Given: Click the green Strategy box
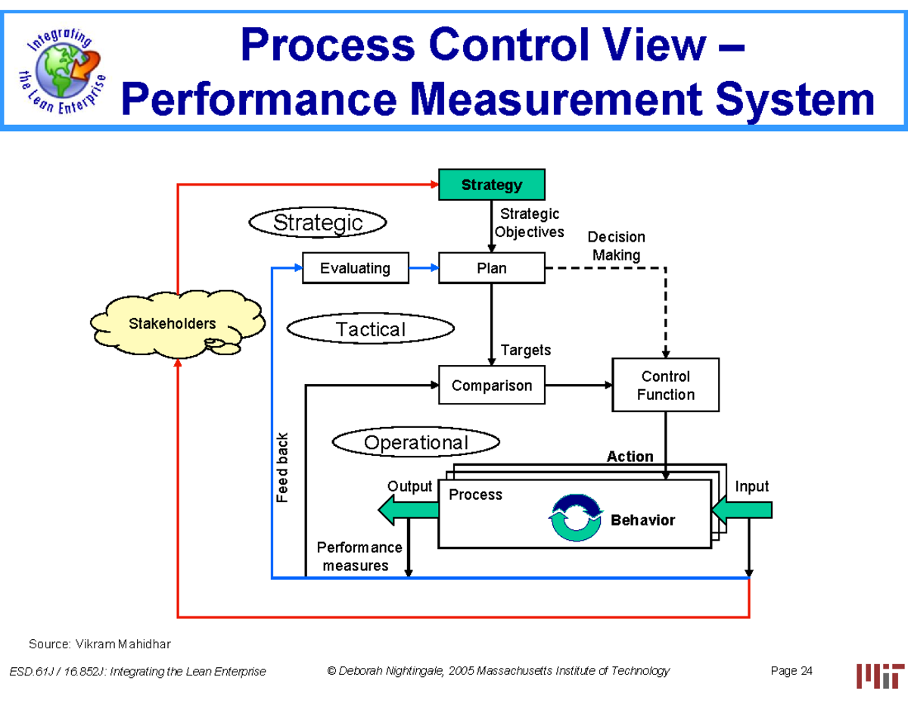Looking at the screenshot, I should coord(491,185).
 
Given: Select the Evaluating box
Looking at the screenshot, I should coord(355,268).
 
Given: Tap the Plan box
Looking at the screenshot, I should coord(491,268).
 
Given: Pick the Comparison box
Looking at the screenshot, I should coord(491,385).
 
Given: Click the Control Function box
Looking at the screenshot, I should coord(665,385).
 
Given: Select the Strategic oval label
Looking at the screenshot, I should coord(318,223).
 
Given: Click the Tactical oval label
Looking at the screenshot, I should coord(371,329).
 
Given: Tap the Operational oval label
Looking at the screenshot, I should coord(416,442).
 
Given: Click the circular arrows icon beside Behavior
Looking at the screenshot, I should coord(577,518).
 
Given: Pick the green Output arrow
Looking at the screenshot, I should coord(408,512).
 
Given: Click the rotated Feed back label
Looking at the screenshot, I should coord(282,468).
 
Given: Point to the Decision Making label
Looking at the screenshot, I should coord(616,246).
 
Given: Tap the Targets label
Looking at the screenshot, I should coord(526,350).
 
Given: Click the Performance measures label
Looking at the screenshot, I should coord(359,557).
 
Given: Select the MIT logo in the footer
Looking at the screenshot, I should coord(880,675).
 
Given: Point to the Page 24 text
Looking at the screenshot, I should coord(791,671).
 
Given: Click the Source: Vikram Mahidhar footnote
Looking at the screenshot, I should coord(100,644).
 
